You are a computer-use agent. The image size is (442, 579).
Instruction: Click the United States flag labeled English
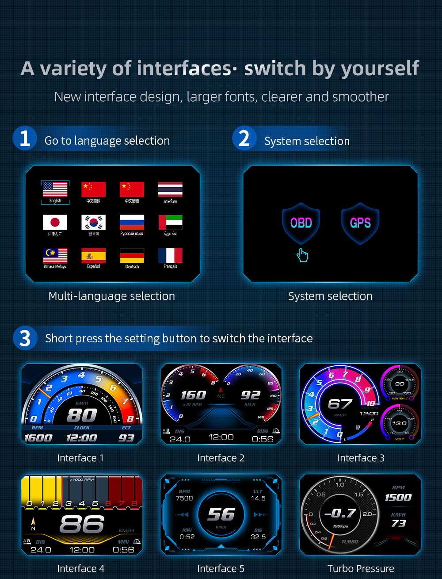pyautogui.click(x=55, y=189)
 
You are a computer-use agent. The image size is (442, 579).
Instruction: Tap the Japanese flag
pyautogui.click(x=55, y=222)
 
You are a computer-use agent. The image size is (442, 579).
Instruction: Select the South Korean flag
pyautogui.click(x=94, y=222)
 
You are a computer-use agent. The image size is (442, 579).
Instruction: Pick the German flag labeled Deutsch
pyautogui.click(x=132, y=255)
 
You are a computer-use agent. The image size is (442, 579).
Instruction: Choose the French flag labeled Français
pyautogui.click(x=170, y=255)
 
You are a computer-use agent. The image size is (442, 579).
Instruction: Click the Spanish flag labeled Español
pyautogui.click(x=94, y=255)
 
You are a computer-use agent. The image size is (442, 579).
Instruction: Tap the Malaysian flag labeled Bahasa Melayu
pyautogui.click(x=55, y=255)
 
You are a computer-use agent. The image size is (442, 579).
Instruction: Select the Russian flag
pyautogui.click(x=132, y=222)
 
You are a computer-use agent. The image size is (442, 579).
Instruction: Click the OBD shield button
pyautogui.click(x=301, y=223)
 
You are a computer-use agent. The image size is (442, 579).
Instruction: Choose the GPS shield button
pyautogui.click(x=360, y=223)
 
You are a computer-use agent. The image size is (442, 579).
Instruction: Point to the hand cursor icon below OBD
pyautogui.click(x=302, y=255)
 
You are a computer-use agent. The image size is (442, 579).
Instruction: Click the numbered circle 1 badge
pyautogui.click(x=25, y=138)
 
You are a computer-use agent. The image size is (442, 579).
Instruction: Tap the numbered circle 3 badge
pyautogui.click(x=25, y=338)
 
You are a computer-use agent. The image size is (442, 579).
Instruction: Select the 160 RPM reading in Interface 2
pyautogui.click(x=193, y=395)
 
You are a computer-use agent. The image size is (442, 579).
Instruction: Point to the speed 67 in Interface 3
pyautogui.click(x=340, y=404)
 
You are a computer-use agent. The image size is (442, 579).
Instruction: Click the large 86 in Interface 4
pyautogui.click(x=82, y=525)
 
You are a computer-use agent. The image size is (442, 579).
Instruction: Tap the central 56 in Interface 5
pyautogui.click(x=221, y=514)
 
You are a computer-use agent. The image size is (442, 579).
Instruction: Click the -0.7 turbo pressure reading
pyautogui.click(x=340, y=514)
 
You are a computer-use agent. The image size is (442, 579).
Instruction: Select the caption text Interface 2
pyautogui.click(x=221, y=458)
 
